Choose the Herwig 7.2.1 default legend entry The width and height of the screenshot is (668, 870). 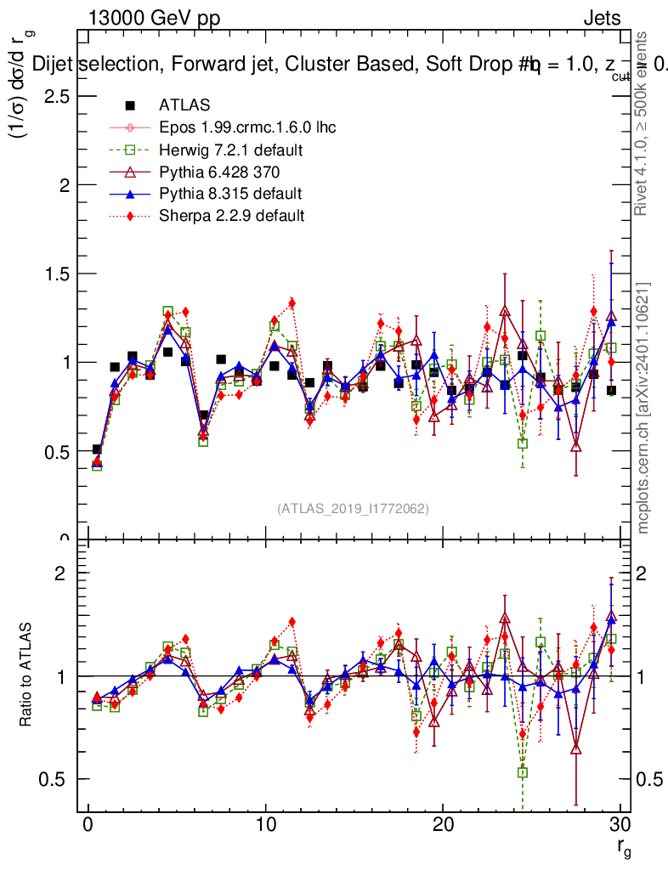click(231, 150)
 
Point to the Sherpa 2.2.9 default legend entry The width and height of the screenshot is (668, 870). click(231, 215)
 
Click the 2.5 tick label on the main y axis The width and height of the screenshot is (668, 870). click(55, 96)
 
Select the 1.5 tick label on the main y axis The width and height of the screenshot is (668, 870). click(55, 274)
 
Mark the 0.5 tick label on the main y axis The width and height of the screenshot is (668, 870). click(55, 450)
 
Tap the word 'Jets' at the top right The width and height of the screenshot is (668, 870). click(602, 19)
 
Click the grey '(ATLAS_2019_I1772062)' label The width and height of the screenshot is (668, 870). click(353, 509)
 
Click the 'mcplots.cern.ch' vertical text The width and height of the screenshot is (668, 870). click(643, 408)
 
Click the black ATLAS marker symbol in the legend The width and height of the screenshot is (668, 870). click(130, 106)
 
